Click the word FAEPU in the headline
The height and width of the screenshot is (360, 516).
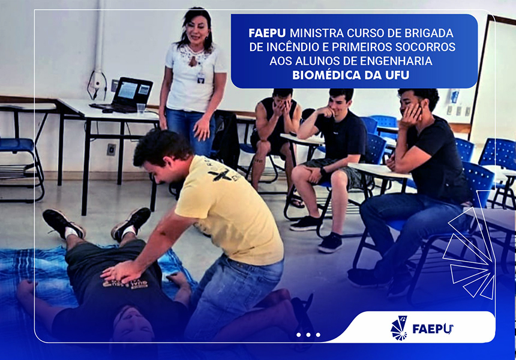coord(268,33)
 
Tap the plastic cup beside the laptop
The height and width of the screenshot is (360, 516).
coord(141,108)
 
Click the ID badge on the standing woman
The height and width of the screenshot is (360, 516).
coord(201,77)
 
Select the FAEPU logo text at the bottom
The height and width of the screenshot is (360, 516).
coord(433,328)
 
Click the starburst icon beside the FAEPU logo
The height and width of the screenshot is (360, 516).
coord(399,328)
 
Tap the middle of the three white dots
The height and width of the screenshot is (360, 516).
coord(308,335)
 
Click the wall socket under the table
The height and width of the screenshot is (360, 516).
coord(111,149)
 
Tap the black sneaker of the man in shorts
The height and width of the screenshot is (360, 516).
coord(331,242)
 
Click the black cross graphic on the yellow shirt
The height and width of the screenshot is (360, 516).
coord(220,175)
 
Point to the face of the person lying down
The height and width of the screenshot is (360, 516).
coord(133,324)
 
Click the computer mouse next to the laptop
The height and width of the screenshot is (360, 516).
coord(107,110)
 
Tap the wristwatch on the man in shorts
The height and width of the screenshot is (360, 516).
coord(323,171)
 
